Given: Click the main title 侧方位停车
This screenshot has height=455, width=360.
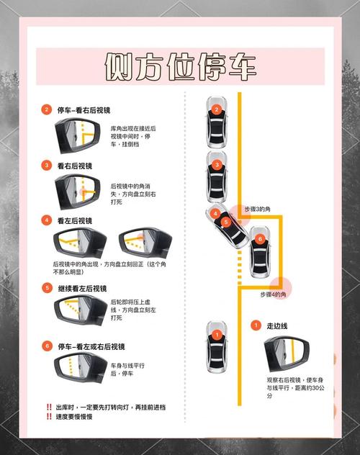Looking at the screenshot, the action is (x=180, y=66).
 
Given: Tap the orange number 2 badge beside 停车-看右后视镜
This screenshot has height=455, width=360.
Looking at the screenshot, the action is (x=46, y=109).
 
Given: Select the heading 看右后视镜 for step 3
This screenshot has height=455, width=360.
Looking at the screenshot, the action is (x=75, y=166).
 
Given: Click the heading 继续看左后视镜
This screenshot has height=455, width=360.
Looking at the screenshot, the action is (x=82, y=289).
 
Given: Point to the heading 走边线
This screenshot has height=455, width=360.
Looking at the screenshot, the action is (x=277, y=326).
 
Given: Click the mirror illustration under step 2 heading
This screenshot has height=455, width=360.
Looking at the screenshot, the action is (x=78, y=136).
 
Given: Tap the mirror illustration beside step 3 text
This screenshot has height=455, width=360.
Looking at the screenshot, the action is (x=78, y=192).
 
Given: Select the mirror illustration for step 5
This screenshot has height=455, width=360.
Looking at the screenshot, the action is (x=81, y=310).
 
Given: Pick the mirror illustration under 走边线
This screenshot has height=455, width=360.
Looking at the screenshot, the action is (x=287, y=353).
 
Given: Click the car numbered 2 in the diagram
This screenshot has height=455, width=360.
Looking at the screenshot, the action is (x=217, y=122).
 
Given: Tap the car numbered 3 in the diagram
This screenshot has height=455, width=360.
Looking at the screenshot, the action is (x=217, y=177).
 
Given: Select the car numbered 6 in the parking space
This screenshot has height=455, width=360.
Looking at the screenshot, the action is (x=260, y=252).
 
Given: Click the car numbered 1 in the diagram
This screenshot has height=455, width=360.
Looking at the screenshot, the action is (x=217, y=347).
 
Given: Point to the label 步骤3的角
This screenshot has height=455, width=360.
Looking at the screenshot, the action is (x=257, y=209).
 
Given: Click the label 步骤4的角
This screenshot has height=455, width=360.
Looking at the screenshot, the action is (x=273, y=294).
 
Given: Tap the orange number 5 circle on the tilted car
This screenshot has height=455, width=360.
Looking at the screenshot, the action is (x=226, y=222).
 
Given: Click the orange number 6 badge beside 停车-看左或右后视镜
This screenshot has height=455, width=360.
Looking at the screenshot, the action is (x=47, y=346).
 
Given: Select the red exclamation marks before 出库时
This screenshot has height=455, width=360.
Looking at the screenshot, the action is (x=49, y=407).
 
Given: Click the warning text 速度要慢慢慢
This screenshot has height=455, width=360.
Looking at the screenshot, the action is (x=74, y=417).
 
